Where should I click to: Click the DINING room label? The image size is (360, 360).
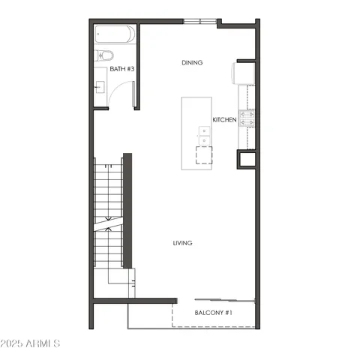pyautogui.click(x=192, y=63)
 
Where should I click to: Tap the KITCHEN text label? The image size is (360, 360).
pyautogui.click(x=224, y=120)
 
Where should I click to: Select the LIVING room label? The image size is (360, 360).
pyautogui.click(x=182, y=243)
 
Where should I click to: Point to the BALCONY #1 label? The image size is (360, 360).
pyautogui.click(x=214, y=312)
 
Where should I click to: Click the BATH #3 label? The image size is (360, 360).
pyautogui.click(x=121, y=69)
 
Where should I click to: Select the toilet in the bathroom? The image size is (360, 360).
pyautogui.click(x=104, y=56)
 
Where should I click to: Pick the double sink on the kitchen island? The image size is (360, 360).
pyautogui.click(x=203, y=134)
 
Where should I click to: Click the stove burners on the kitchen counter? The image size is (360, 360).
pyautogui.click(x=247, y=118)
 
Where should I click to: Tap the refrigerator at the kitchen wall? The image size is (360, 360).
pyautogui.click(x=242, y=73)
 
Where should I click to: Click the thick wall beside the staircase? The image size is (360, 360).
pyautogui.click(x=127, y=210)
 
